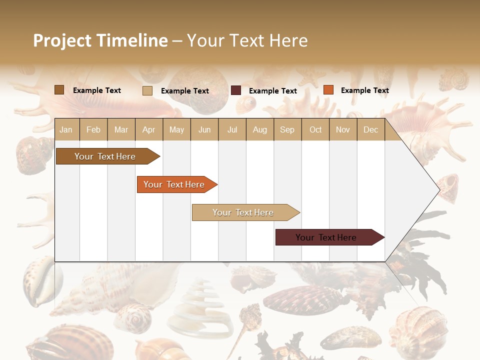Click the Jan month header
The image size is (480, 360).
click(66, 129)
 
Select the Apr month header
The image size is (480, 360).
click(149, 129)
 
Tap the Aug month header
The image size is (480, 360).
click(259, 129)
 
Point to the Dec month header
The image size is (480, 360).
click(370, 129)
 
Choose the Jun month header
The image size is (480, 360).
click(204, 129)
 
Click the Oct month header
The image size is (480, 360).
click(315, 129)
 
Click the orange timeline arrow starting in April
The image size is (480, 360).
click(175, 184)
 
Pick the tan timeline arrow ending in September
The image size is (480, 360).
click(244, 212)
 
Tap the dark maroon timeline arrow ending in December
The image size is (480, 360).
click(328, 237)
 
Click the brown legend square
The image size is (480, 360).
click(59, 90)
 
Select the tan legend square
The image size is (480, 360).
click(147, 90)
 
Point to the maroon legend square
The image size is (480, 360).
click(236, 90)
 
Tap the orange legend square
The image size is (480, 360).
click(328, 90)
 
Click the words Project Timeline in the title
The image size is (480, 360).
click(100, 40)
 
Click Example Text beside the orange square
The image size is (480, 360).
click(364, 90)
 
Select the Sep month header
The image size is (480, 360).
click(287, 129)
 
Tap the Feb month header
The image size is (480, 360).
click(93, 129)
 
